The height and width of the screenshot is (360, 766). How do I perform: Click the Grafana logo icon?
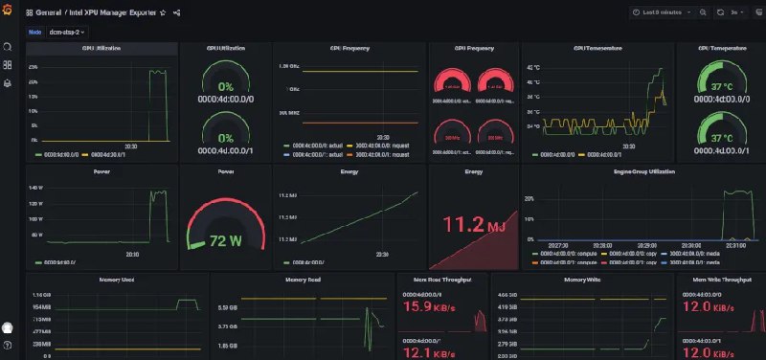8,12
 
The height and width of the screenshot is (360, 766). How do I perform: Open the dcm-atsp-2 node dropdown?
67,32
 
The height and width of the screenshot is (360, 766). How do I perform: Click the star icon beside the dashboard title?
163,13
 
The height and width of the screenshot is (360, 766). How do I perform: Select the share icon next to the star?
178,13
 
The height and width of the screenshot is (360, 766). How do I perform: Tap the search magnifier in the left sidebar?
8,46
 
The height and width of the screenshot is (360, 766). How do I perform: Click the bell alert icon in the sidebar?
8,83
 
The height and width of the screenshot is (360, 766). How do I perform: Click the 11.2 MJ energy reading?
473,224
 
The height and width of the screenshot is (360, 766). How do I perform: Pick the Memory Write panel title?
582,280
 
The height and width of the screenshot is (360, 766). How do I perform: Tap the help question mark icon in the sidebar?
8,344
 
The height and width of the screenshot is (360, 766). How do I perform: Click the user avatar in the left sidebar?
8,328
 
